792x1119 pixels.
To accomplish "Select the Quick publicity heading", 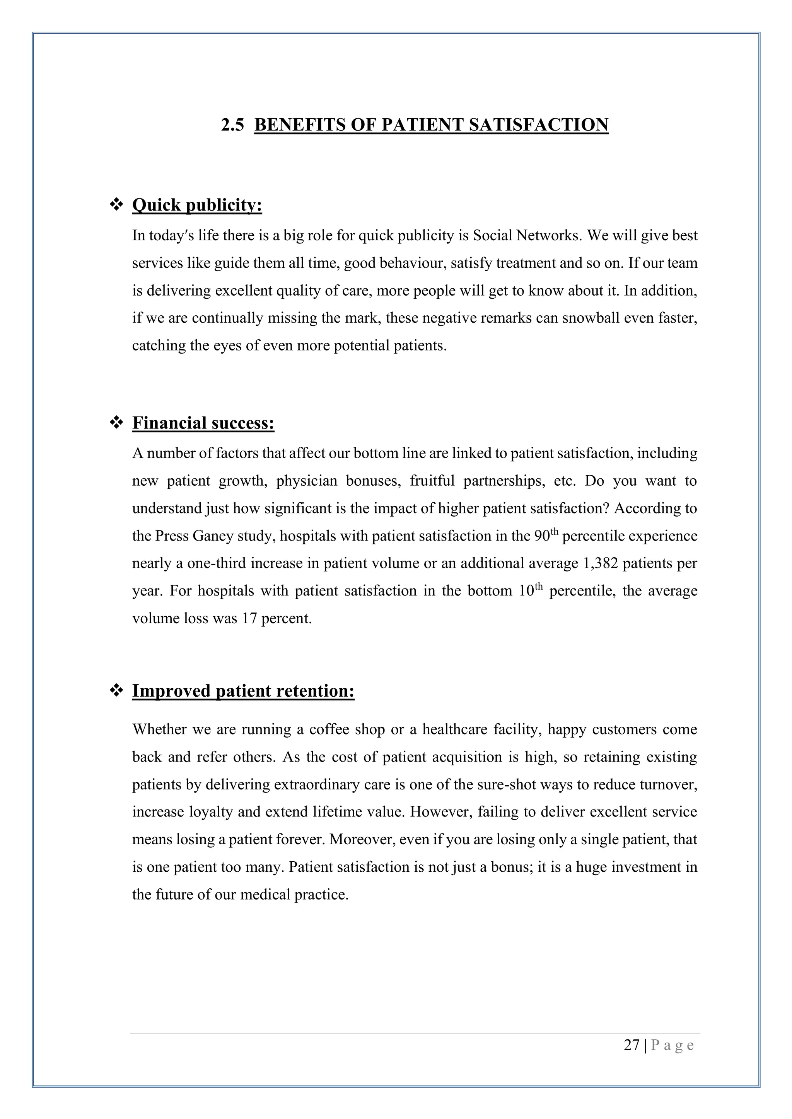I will [197, 205].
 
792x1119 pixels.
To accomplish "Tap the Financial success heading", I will [203, 423].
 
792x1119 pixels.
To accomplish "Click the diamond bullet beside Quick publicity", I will [116, 205].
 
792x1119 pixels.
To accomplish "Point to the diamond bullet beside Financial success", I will [116, 423].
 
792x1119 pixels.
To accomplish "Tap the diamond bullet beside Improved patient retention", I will [116, 690].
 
